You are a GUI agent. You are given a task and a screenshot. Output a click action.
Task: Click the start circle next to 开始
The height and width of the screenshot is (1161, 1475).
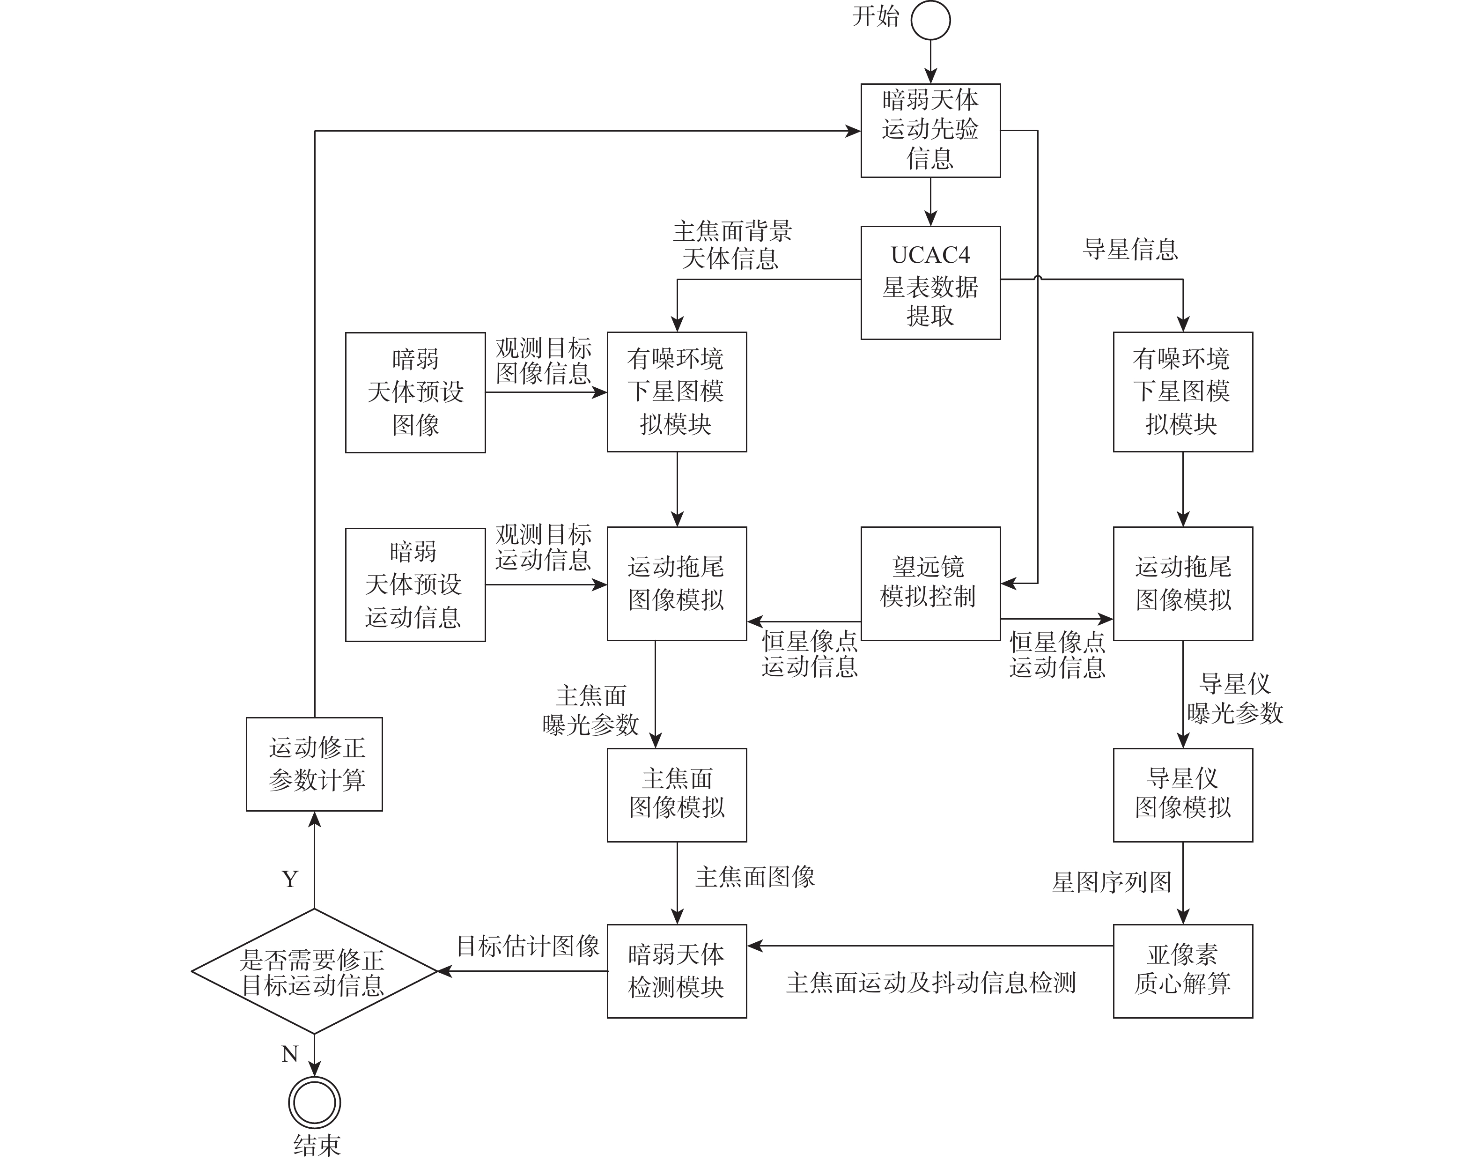pyautogui.click(x=930, y=21)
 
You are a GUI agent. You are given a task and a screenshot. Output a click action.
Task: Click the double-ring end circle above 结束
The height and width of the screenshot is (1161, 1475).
pyautogui.click(x=314, y=1102)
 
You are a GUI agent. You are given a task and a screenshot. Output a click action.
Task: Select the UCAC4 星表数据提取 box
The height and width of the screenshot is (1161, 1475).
pyautogui.click(x=930, y=283)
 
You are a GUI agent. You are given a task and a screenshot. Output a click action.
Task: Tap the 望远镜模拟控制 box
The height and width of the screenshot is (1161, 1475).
pyautogui.click(x=930, y=583)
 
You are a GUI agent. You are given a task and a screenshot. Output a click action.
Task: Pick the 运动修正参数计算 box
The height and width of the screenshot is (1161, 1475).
pyautogui.click(x=314, y=764)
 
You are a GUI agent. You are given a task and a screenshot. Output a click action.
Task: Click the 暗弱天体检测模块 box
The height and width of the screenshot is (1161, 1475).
pyautogui.click(x=676, y=971)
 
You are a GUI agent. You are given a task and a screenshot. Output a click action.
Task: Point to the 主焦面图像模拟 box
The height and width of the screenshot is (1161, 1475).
pyautogui.click(x=676, y=795)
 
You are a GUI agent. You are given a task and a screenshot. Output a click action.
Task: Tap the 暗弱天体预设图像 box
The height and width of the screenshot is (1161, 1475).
pyautogui.click(x=415, y=392)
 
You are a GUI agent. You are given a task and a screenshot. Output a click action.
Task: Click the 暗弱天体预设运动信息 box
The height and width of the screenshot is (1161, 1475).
pyautogui.click(x=415, y=584)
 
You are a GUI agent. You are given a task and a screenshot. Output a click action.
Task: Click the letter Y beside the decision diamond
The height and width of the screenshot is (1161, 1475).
pyautogui.click(x=290, y=879)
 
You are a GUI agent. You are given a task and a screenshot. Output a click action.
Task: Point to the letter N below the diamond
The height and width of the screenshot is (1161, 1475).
pyautogui.click(x=290, y=1054)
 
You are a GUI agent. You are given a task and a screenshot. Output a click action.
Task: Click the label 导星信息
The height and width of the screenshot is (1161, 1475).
pyautogui.click(x=1130, y=250)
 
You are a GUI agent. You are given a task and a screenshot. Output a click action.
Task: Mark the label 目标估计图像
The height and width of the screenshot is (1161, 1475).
pyautogui.click(x=527, y=946)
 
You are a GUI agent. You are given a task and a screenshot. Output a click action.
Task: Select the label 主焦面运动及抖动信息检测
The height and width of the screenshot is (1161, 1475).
pyautogui.click(x=930, y=983)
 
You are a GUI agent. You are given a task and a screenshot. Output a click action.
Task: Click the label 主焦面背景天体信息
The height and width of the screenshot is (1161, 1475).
pyautogui.click(x=732, y=245)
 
